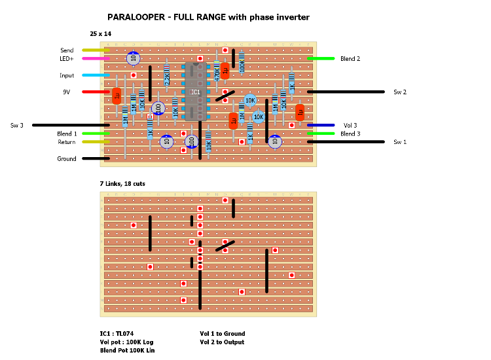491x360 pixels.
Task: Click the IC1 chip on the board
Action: click(x=196, y=92)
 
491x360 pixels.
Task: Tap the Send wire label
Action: click(x=67, y=50)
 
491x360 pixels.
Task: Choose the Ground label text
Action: click(x=67, y=159)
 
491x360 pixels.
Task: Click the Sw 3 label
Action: click(x=17, y=125)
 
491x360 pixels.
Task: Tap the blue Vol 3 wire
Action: click(x=321, y=125)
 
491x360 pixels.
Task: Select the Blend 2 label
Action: click(x=350, y=59)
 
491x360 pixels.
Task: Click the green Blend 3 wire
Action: click(x=321, y=134)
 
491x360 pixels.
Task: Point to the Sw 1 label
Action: click(x=400, y=142)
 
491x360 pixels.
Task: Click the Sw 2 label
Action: click(x=400, y=92)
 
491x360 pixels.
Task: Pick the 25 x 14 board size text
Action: click(x=101, y=33)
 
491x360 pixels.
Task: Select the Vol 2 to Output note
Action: click(x=222, y=342)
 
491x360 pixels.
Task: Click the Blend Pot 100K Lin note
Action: click(x=123, y=351)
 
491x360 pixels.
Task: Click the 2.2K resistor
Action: click(x=166, y=79)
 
